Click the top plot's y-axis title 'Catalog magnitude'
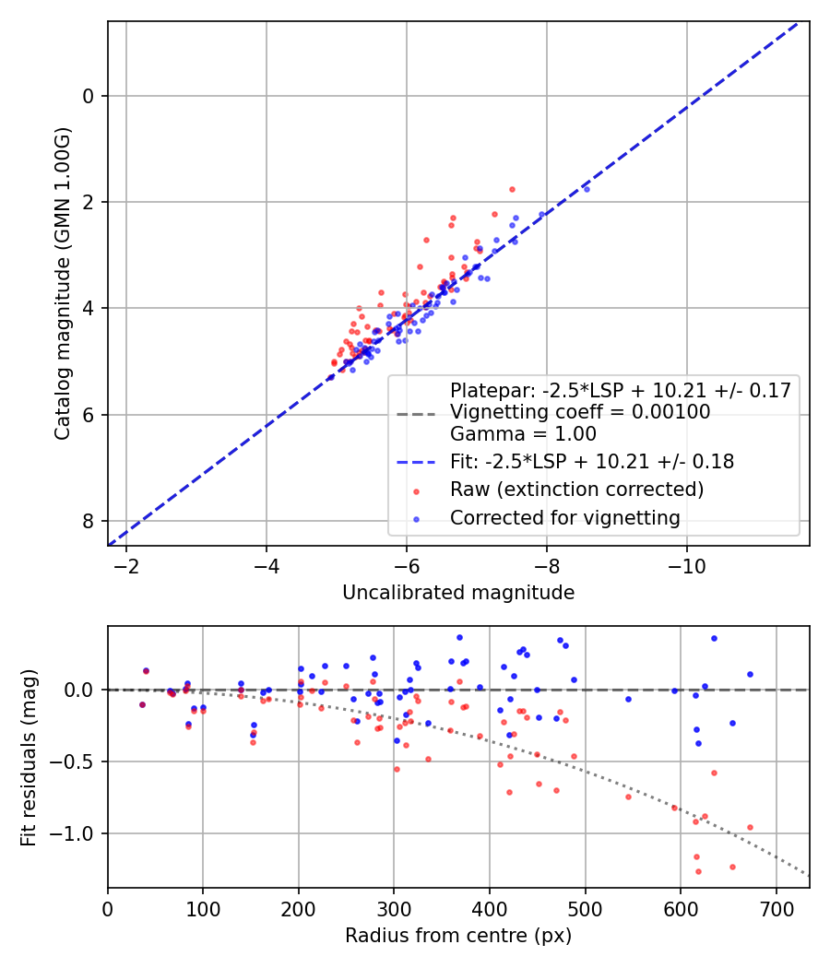click(x=62, y=283)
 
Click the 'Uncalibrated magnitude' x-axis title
click(x=458, y=593)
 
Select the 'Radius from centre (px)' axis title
click(x=458, y=936)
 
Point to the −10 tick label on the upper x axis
click(x=686, y=564)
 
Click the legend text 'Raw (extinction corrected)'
click(x=576, y=489)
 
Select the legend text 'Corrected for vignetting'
click(x=564, y=518)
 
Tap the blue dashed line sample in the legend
click(x=417, y=462)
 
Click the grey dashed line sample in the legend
click(x=417, y=413)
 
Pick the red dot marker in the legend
click(x=417, y=490)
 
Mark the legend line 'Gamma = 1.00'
click(x=523, y=434)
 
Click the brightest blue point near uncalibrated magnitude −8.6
click(x=586, y=189)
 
